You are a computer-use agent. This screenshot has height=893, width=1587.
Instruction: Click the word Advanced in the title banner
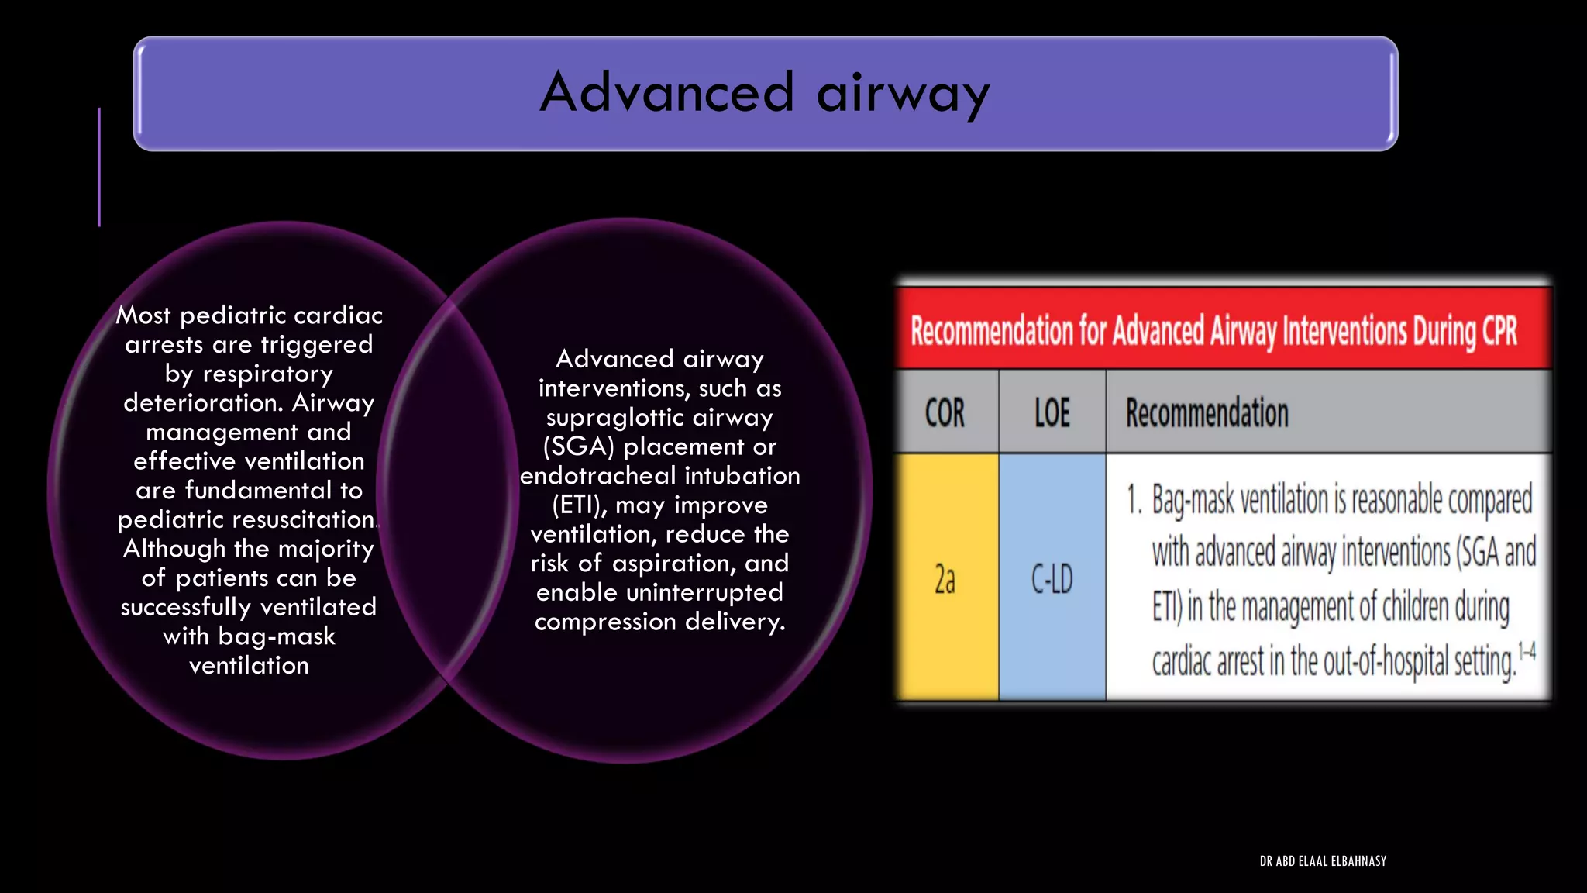[x=667, y=92]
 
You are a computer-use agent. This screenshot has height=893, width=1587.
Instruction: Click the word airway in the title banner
[x=903, y=95]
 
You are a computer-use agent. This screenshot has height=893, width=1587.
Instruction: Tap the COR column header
[x=945, y=413]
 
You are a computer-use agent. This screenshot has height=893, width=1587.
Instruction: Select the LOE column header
[x=1052, y=413]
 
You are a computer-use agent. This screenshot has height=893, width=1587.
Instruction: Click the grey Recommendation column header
[x=1207, y=413]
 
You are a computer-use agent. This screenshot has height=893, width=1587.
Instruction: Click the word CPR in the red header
[x=1499, y=331]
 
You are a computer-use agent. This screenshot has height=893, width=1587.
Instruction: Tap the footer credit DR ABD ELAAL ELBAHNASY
[x=1323, y=861]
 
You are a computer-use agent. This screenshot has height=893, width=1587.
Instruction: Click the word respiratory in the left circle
[x=267, y=374]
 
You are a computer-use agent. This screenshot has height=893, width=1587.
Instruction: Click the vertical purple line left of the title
[x=99, y=167]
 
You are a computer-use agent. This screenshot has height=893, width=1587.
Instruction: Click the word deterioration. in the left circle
[x=203, y=403]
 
